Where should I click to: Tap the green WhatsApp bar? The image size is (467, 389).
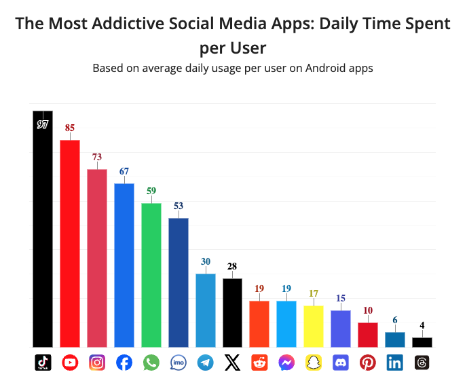pyautogui.click(x=151, y=275)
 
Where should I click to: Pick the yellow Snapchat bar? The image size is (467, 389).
pyautogui.click(x=314, y=326)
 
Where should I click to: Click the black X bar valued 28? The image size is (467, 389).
pyautogui.click(x=232, y=312)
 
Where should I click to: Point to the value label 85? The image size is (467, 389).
pyautogui.click(x=70, y=128)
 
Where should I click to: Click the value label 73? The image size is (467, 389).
pyautogui.click(x=97, y=157)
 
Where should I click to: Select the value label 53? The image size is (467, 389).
pyautogui.click(x=179, y=206)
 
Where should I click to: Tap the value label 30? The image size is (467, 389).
pyautogui.click(x=206, y=261)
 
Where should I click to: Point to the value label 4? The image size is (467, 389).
pyautogui.click(x=422, y=325)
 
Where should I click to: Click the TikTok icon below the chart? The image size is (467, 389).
pyautogui.click(x=43, y=363)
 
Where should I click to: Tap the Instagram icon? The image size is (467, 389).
pyautogui.click(x=97, y=363)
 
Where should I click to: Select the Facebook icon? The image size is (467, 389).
pyautogui.click(x=124, y=363)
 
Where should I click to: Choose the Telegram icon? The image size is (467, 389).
pyautogui.click(x=206, y=363)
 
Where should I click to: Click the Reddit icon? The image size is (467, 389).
pyautogui.click(x=259, y=363)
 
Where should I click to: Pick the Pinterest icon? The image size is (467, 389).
pyautogui.click(x=368, y=363)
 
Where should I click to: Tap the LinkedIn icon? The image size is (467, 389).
pyautogui.click(x=395, y=363)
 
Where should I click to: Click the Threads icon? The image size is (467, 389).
pyautogui.click(x=422, y=363)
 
